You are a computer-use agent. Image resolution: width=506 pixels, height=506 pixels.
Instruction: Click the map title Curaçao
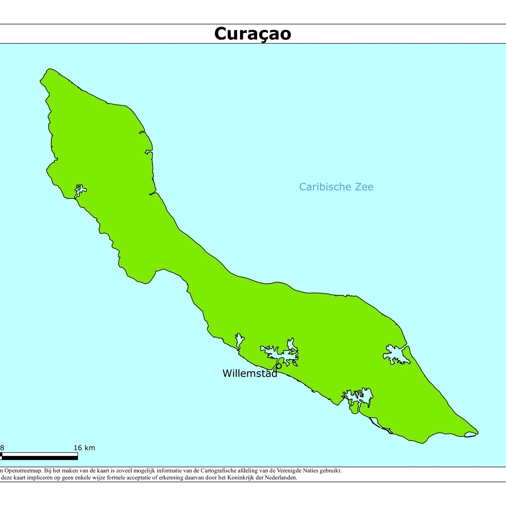click(252, 34)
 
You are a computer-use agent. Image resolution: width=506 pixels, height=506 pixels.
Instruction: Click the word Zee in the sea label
click(364, 187)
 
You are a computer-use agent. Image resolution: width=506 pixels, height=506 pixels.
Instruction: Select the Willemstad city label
click(249, 373)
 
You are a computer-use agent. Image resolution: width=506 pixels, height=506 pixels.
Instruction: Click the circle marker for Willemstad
click(279, 366)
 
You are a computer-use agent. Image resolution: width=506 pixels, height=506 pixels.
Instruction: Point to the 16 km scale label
click(84, 448)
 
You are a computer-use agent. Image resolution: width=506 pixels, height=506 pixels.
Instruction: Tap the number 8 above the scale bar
click(2, 448)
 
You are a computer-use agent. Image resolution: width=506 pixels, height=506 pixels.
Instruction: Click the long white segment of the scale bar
click(40, 454)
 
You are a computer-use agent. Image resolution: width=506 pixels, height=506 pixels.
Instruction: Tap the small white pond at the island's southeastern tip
click(470, 434)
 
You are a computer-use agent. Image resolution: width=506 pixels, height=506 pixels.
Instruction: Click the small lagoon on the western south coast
click(80, 190)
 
